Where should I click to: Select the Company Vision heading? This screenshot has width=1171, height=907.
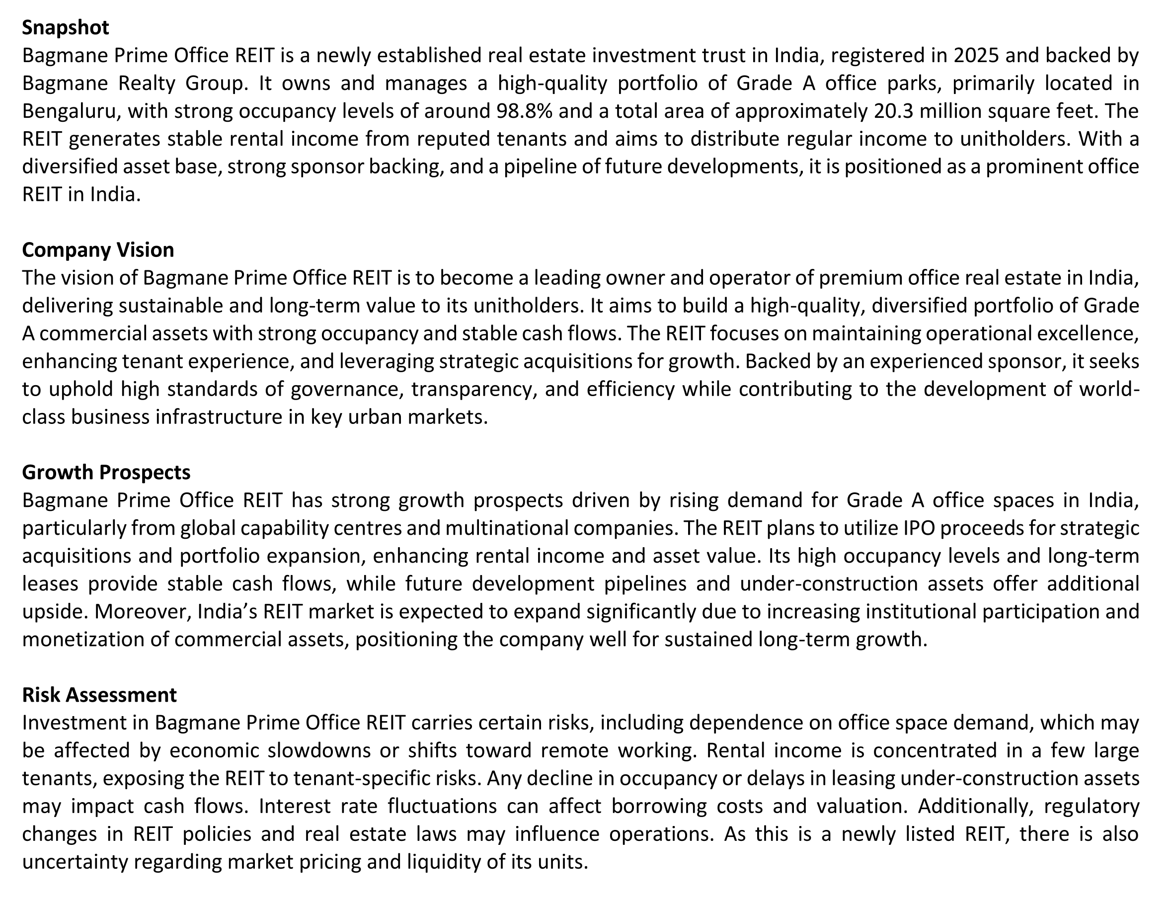tap(98, 250)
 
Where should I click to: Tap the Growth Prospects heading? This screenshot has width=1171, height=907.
tap(106, 473)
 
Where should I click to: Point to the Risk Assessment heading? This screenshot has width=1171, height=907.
tap(99, 695)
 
